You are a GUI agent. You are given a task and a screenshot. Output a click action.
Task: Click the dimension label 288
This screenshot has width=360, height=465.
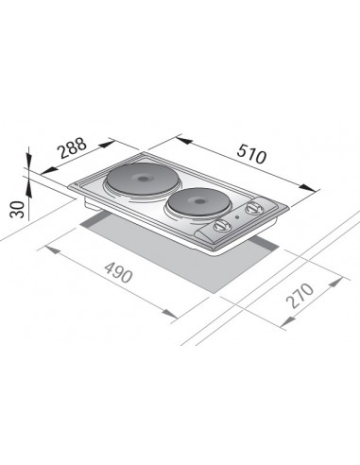click(73, 148)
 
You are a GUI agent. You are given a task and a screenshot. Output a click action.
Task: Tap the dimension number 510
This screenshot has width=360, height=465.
click(251, 154)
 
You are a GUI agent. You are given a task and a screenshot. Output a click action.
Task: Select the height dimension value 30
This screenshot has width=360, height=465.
click(18, 210)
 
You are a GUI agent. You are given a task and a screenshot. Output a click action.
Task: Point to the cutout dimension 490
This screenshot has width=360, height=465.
click(118, 273)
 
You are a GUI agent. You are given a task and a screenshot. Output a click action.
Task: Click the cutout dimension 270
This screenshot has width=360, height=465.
click(300, 295)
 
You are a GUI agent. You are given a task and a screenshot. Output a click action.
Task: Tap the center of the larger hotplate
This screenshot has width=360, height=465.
click(142, 179)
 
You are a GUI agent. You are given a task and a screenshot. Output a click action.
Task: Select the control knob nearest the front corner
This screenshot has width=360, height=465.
click(219, 226)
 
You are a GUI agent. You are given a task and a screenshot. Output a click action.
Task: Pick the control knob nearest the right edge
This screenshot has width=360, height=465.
click(252, 208)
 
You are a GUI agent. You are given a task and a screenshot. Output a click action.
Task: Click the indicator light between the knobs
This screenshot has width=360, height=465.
click(237, 216)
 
